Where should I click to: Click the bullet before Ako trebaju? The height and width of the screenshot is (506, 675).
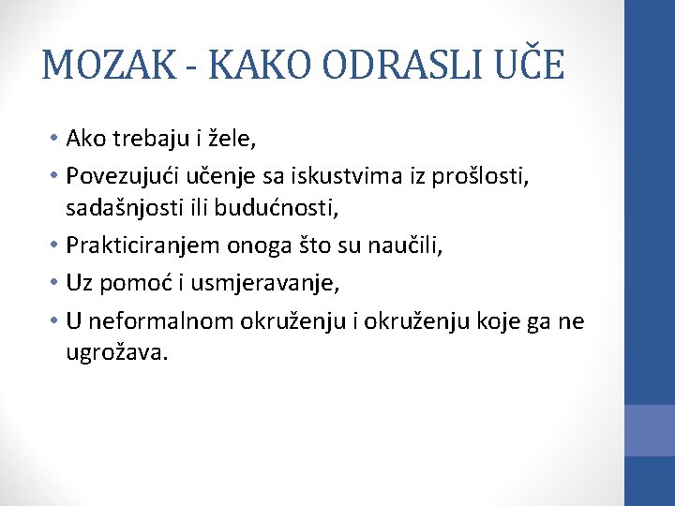(x=57, y=139)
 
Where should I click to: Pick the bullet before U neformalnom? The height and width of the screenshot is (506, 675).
(x=57, y=321)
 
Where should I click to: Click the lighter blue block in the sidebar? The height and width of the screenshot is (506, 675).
(x=650, y=430)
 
